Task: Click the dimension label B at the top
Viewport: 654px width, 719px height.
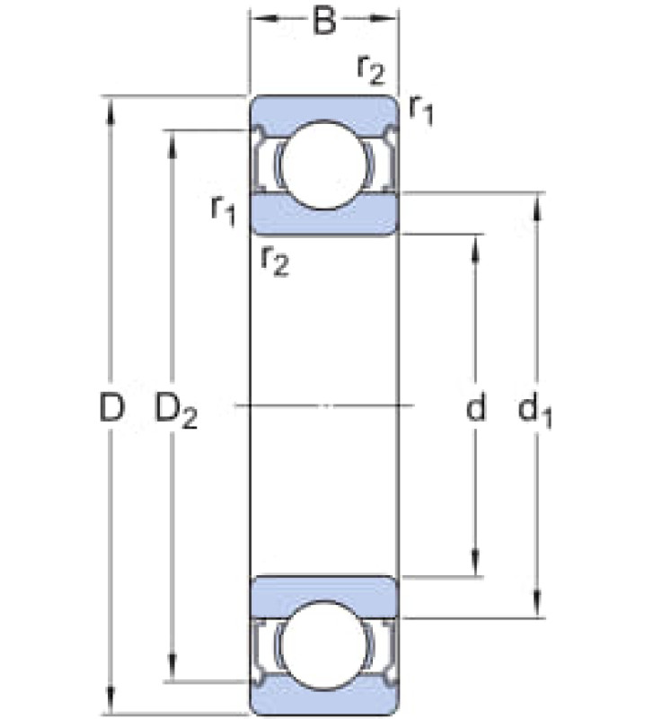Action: pyautogui.click(x=324, y=22)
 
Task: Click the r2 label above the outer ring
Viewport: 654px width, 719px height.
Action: pyautogui.click(x=371, y=72)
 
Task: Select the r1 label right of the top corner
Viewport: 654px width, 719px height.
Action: pyautogui.click(x=420, y=111)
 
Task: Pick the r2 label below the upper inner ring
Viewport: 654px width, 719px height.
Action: pyautogui.click(x=274, y=262)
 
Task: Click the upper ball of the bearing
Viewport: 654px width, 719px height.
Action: pyautogui.click(x=324, y=164)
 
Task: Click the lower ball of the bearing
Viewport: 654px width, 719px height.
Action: pyautogui.click(x=324, y=645)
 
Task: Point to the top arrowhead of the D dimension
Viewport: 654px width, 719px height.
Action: pyautogui.click(x=110, y=111)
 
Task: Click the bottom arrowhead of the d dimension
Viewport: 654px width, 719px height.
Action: pyautogui.click(x=475, y=561)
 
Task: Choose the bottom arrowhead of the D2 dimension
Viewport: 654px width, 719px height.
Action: pyautogui.click(x=172, y=668)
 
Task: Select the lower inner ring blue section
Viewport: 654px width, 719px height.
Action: pyautogui.click(x=324, y=597)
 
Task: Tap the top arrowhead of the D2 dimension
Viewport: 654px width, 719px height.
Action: pyautogui.click(x=172, y=145)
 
